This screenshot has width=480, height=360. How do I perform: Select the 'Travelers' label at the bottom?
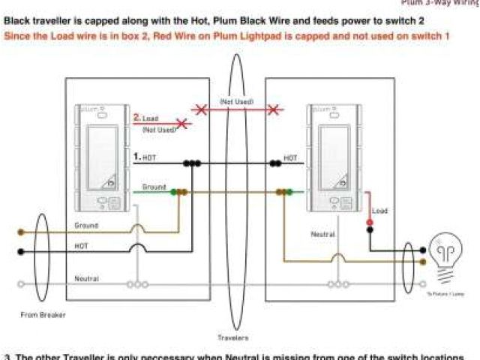pyautogui.click(x=235, y=337)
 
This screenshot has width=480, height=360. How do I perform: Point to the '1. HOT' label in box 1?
pyautogui.click(x=144, y=157)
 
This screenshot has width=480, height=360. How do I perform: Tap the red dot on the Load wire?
pyautogui.click(x=370, y=223)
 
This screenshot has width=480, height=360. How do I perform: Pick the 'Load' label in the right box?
pyautogui.click(x=380, y=211)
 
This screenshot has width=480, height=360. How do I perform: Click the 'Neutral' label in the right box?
pyautogui.click(x=322, y=234)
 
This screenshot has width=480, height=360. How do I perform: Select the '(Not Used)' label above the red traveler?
pyautogui.click(x=236, y=101)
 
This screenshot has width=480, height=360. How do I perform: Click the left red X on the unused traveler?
pyautogui.click(x=200, y=110)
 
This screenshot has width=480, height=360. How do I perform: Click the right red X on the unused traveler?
pyautogui.click(x=274, y=110)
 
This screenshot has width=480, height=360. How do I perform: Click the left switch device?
pyautogui.click(x=101, y=157)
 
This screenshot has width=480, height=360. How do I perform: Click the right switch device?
pyautogui.click(x=333, y=157)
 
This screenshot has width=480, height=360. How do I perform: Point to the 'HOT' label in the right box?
pyautogui.click(x=290, y=158)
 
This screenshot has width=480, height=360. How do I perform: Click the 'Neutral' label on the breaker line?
pyautogui.click(x=87, y=279)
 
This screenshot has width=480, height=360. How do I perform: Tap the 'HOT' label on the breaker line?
pyautogui.click(x=82, y=245)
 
